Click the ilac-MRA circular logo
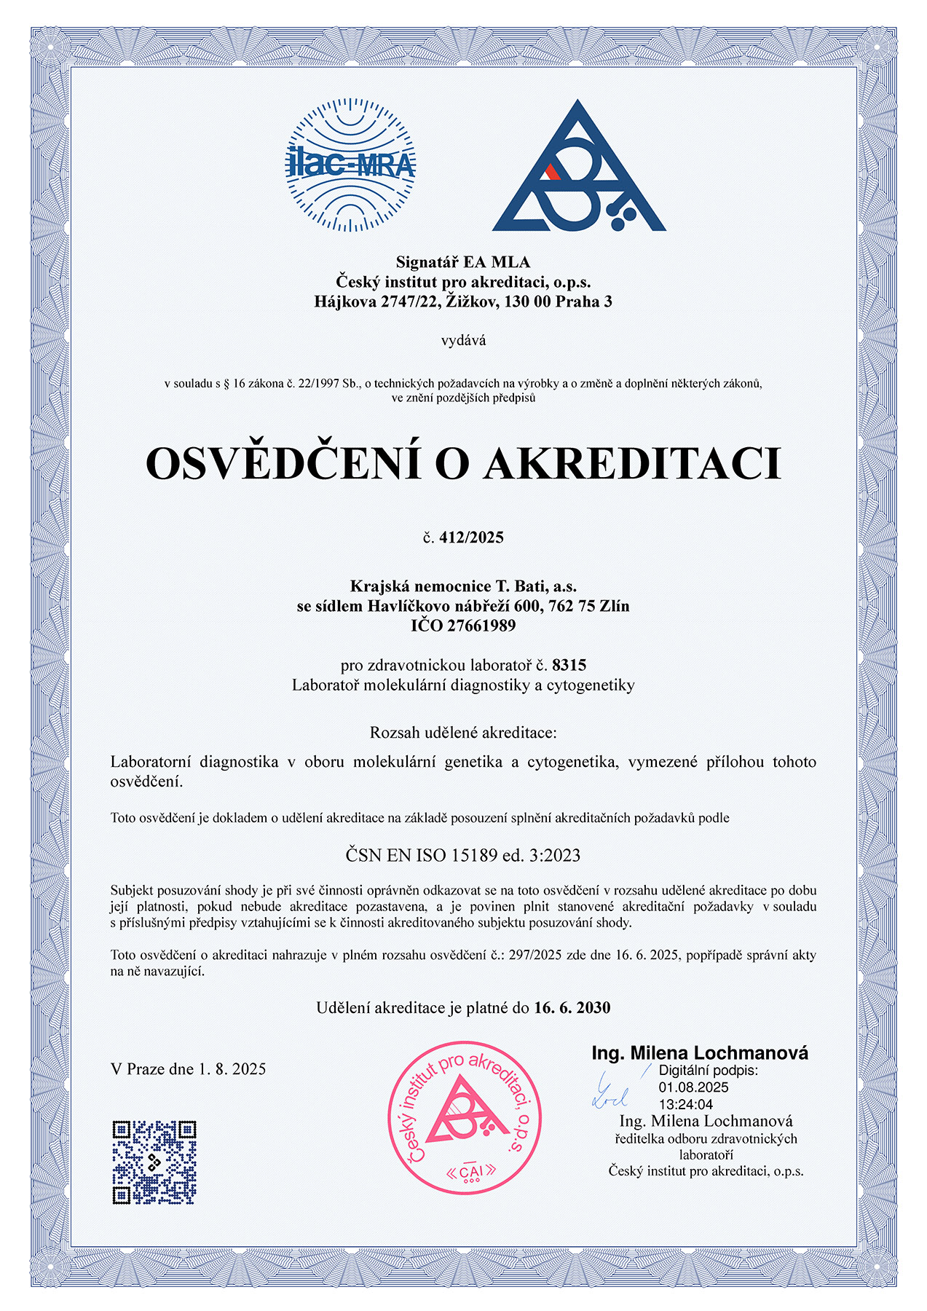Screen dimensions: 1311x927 [350, 165]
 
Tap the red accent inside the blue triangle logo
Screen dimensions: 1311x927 [553, 172]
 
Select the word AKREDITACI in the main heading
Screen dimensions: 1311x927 [633, 464]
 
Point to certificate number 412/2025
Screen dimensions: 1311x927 [471, 538]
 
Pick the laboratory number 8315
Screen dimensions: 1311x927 [569, 664]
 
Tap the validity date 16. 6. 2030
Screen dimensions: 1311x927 [572, 1007]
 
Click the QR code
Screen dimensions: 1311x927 [154, 1162]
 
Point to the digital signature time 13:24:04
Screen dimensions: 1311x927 [685, 1104]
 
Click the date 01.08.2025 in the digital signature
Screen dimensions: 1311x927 [693, 1087]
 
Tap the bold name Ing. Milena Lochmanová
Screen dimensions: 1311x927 [699, 1052]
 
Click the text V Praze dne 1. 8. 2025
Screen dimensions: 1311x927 [188, 1068]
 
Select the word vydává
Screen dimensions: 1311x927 [463, 340]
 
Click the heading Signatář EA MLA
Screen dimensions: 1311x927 [463, 262]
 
